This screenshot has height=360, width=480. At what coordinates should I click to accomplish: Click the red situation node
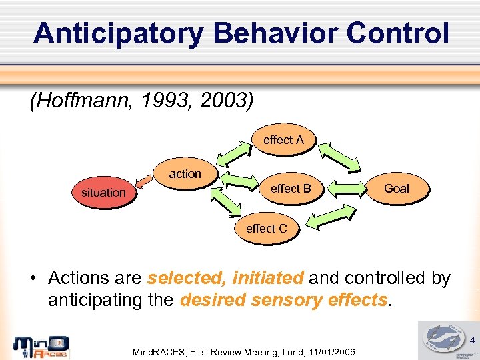pos(103,192)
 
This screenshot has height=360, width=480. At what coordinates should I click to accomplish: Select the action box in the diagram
pos(185,173)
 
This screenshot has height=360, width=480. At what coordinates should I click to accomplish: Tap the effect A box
pos(283,140)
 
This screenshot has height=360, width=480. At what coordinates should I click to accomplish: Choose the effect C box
pos(267,229)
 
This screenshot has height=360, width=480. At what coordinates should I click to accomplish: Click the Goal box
pos(396,189)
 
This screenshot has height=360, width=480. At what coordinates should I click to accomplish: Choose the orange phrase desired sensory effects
pos(283,300)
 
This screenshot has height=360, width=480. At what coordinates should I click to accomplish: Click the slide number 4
pos(472,341)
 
